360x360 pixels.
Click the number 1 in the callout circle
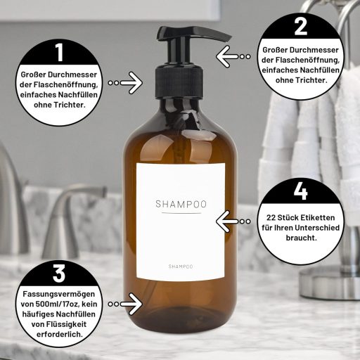59,52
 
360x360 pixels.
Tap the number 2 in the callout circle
301,27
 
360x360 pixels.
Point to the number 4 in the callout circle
301,191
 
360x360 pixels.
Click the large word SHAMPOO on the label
181,204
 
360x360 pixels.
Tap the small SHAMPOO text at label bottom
181,266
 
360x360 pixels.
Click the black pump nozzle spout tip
225,34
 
